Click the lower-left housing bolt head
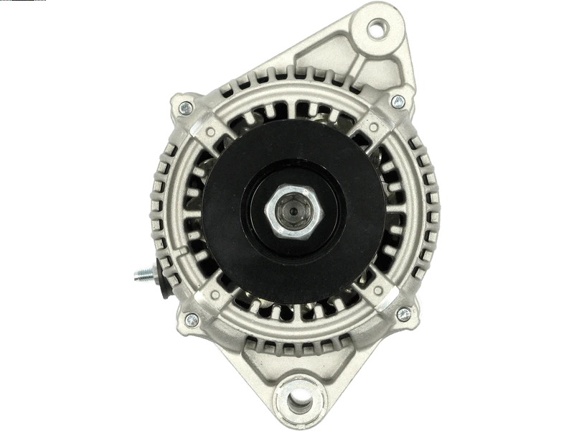[190, 319]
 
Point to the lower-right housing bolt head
[404, 314]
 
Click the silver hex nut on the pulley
[295, 212]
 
